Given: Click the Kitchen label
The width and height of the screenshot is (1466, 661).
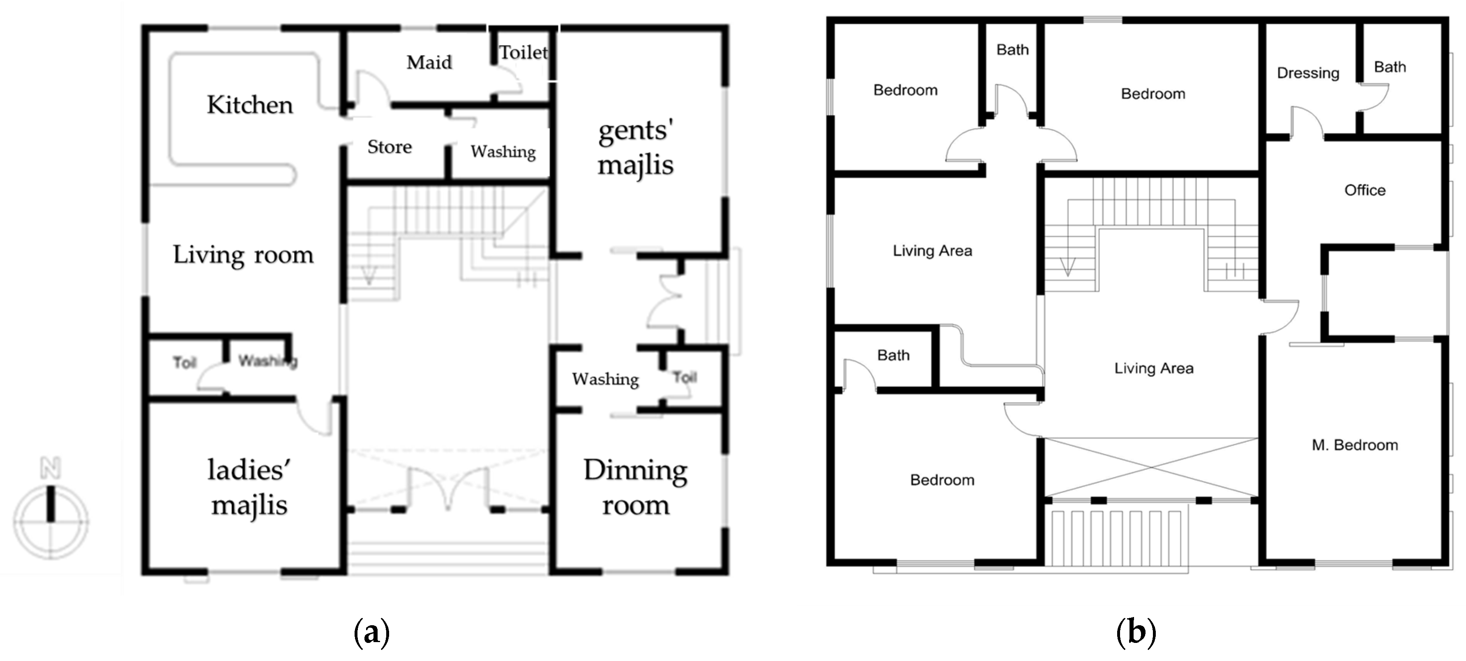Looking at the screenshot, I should tap(249, 105).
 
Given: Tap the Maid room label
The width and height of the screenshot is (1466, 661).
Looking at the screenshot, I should tap(429, 62).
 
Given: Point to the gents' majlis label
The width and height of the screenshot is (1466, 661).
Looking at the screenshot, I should tap(635, 148).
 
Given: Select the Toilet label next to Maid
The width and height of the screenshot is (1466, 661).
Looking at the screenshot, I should tap(523, 52).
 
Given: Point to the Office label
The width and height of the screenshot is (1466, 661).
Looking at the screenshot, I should tap(1365, 190).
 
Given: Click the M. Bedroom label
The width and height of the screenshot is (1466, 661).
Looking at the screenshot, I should tap(1355, 445).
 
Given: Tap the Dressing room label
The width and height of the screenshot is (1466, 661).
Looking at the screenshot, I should tap(1308, 73).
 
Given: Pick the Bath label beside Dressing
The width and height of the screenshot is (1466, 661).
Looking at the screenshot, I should tap(1390, 67).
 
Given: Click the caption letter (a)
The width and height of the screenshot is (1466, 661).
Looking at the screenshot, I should tap(371, 632).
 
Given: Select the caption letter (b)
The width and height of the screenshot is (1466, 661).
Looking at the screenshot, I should tap(1136, 632).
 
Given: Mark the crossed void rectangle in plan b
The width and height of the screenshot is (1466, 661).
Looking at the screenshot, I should tap(1151, 467).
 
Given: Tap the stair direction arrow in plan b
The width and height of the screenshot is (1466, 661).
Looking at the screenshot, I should tap(1067, 266).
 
